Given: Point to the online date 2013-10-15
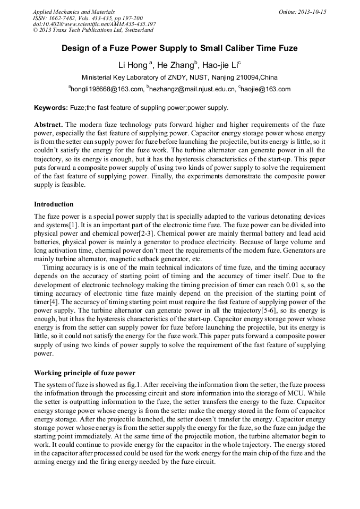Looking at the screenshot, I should [310, 12].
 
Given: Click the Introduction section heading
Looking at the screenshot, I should [54, 204].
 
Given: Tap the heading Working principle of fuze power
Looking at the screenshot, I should [84, 373].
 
